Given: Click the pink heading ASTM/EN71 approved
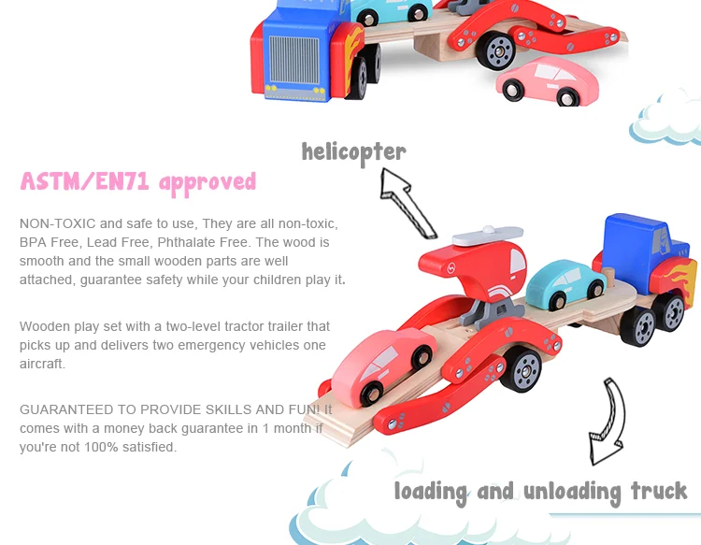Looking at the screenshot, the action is pyautogui.click(x=137, y=181).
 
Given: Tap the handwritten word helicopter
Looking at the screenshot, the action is pyautogui.click(x=353, y=151).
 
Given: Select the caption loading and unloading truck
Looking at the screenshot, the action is pyautogui.click(x=540, y=491).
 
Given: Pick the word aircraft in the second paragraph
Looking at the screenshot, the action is pyautogui.click(x=42, y=364).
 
